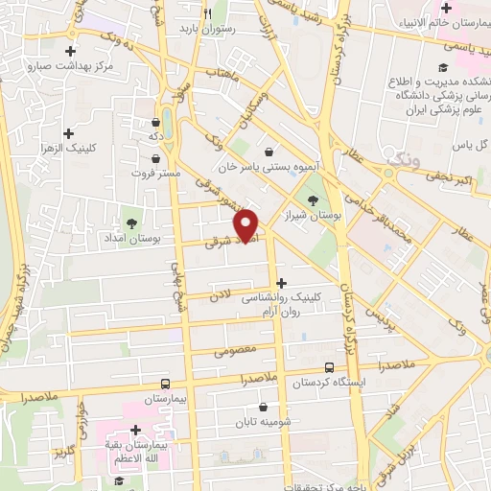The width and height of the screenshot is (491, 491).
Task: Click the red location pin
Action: tap(247, 224)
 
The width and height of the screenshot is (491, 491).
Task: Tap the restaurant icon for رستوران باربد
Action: tap(207, 12)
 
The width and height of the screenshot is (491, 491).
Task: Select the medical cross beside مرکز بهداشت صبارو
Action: tap(70, 51)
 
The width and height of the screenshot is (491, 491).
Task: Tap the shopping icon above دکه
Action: tap(156, 122)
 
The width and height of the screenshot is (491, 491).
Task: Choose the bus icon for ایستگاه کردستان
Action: tap(330, 366)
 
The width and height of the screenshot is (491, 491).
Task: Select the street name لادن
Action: tap(222, 299)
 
